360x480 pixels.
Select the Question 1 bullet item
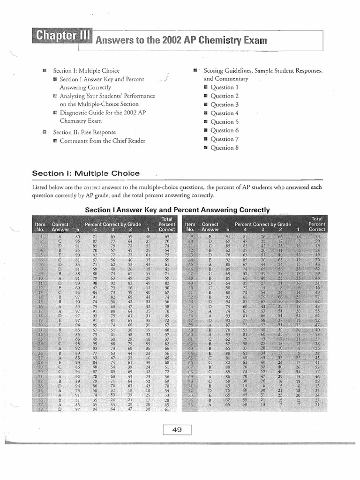click(x=225, y=88)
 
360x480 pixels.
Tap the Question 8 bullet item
click(x=225, y=148)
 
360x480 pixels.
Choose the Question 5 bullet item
click(x=225, y=122)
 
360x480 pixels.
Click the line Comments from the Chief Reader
click(x=102, y=141)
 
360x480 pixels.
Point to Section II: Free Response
click(x=84, y=132)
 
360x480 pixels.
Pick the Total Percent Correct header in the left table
click(x=166, y=224)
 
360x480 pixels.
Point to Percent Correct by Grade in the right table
click(x=262, y=225)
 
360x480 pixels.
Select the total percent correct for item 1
click(x=166, y=237)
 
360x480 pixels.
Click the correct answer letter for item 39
click(x=210, y=237)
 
